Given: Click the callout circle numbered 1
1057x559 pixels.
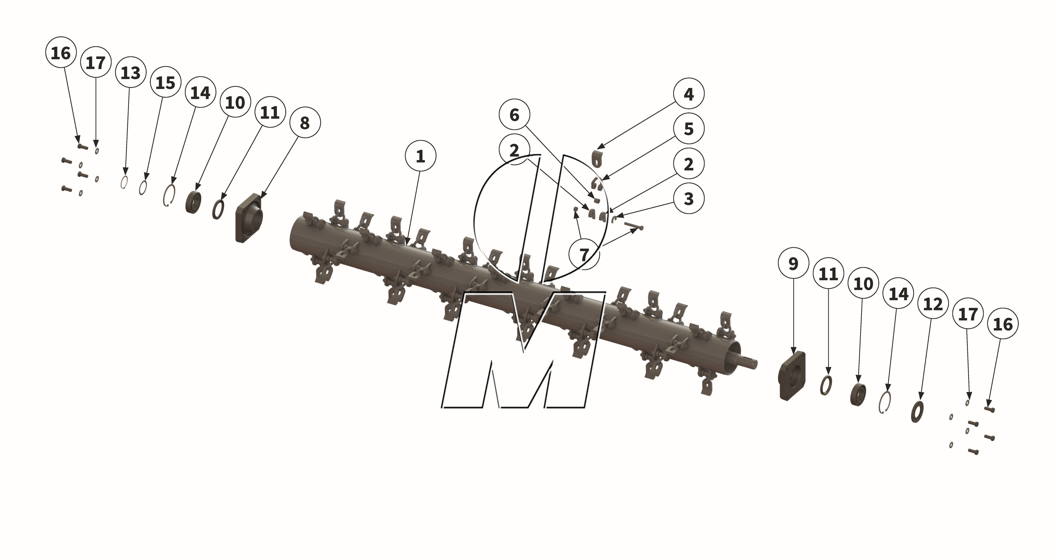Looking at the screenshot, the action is pos(420,157).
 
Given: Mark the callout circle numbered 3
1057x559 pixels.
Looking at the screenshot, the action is pos(689,199).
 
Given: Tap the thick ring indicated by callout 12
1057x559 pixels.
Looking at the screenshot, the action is pos(917,412).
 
